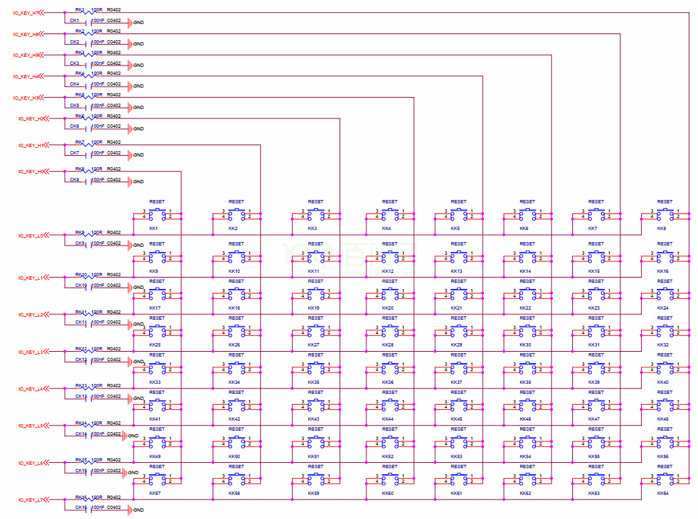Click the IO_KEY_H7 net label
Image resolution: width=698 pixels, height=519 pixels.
[x=26, y=13]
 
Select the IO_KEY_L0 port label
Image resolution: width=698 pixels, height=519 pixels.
[x=31, y=235]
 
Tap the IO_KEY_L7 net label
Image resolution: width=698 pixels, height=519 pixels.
[x=31, y=500]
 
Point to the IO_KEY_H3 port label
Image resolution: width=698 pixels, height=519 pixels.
[x=26, y=98]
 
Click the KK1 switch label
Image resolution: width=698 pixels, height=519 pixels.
[x=154, y=229]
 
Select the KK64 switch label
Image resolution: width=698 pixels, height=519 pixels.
[x=663, y=493]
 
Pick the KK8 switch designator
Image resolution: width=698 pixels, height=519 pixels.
[x=661, y=229]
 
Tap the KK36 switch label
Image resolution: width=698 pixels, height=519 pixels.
[x=388, y=383]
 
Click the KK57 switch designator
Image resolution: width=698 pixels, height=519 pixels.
[x=155, y=493]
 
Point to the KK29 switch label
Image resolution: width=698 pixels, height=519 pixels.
[x=457, y=345]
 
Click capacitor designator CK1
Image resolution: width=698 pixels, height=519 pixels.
[x=74, y=21]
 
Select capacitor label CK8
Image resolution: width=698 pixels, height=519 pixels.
[x=74, y=180]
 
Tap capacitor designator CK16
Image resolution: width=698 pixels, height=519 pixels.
[x=80, y=508]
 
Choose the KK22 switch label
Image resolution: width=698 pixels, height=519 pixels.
[x=526, y=308]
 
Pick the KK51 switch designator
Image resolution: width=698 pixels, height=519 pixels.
[x=314, y=457]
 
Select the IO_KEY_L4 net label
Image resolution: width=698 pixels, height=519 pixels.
[x=31, y=389]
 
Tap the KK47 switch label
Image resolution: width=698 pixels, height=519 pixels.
[x=594, y=419]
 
